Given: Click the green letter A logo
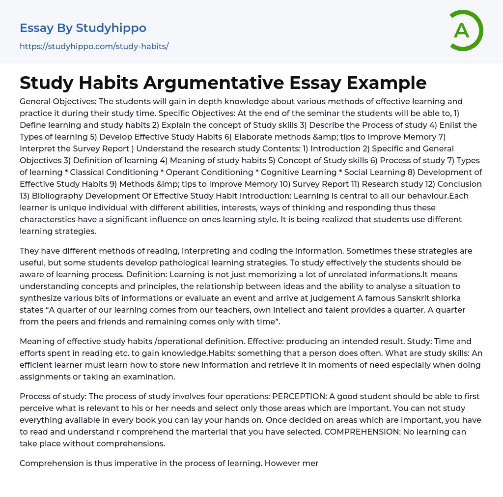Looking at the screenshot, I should coord(463,30).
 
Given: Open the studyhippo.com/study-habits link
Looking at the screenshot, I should coord(94,46).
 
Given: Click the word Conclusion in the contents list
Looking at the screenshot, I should coord(459,184).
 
